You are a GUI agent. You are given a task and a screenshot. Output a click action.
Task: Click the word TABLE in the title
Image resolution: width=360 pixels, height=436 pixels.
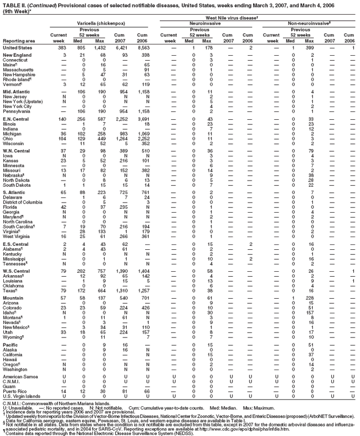[11, 3]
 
